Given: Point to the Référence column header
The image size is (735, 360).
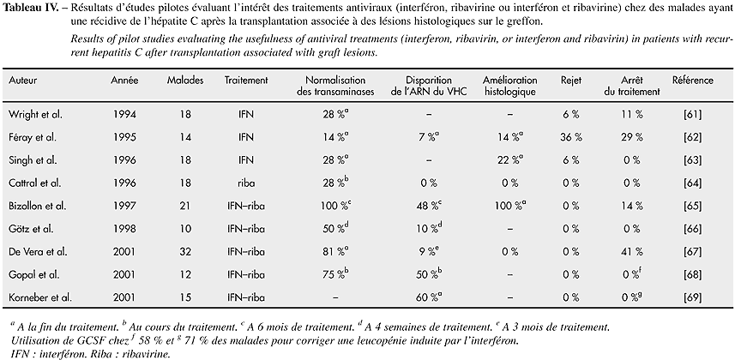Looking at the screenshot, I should click(x=692, y=80).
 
